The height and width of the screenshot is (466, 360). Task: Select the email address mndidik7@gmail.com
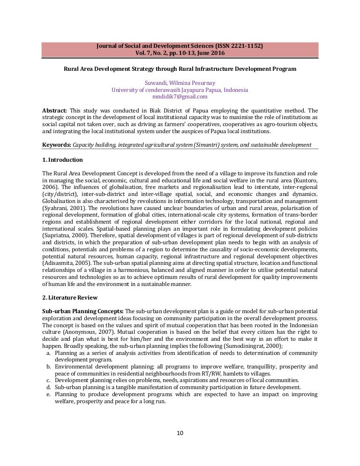[x=180, y=97]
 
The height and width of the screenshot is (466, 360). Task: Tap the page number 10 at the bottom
[x=180, y=432]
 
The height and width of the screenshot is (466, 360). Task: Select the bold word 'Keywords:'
[x=57, y=145]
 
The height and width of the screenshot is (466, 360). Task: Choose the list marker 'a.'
[x=49, y=352]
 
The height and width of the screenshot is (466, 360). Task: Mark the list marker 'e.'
[x=49, y=394]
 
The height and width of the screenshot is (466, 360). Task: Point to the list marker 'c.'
[x=49, y=380]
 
